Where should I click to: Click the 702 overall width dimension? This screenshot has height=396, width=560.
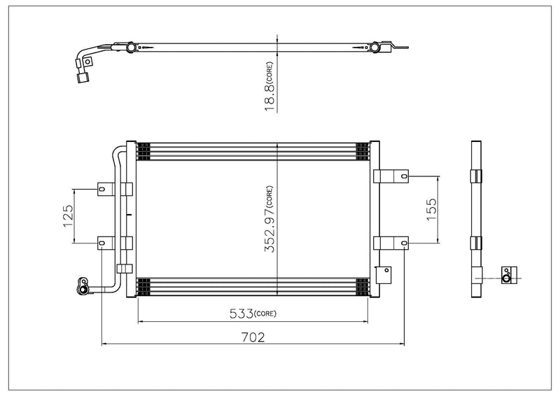pos(253,336)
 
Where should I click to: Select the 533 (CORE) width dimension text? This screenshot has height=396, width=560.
pos(253,313)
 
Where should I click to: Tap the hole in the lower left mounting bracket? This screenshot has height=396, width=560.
pos(102,243)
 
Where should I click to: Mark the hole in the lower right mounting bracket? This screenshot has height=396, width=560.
pos(404,242)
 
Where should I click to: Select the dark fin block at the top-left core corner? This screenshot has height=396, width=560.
pos(143,150)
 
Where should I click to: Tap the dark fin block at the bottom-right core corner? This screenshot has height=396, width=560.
pos(362,287)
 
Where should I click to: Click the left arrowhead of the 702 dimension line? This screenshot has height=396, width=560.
pos(106,344)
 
